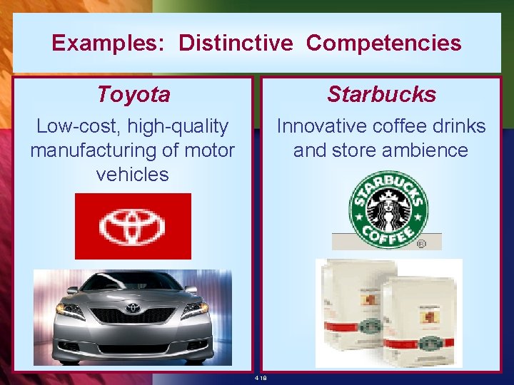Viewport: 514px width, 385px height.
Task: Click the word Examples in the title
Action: [x=109, y=43]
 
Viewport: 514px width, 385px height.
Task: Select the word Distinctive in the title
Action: [x=236, y=43]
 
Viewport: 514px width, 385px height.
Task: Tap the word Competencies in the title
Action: [x=383, y=43]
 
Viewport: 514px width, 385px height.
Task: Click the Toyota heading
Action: [x=133, y=94]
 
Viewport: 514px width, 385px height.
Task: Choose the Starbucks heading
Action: [x=381, y=94]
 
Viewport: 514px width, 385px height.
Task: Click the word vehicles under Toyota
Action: [x=132, y=174]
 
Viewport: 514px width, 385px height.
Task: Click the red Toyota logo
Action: [x=133, y=226]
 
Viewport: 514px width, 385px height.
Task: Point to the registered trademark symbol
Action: [x=422, y=244]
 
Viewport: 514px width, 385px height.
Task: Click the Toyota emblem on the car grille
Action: [x=133, y=309]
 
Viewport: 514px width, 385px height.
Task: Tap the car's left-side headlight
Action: [x=70, y=310]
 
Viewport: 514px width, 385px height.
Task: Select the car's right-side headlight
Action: [x=194, y=309]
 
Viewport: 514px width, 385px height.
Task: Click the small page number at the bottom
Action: [x=261, y=378]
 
